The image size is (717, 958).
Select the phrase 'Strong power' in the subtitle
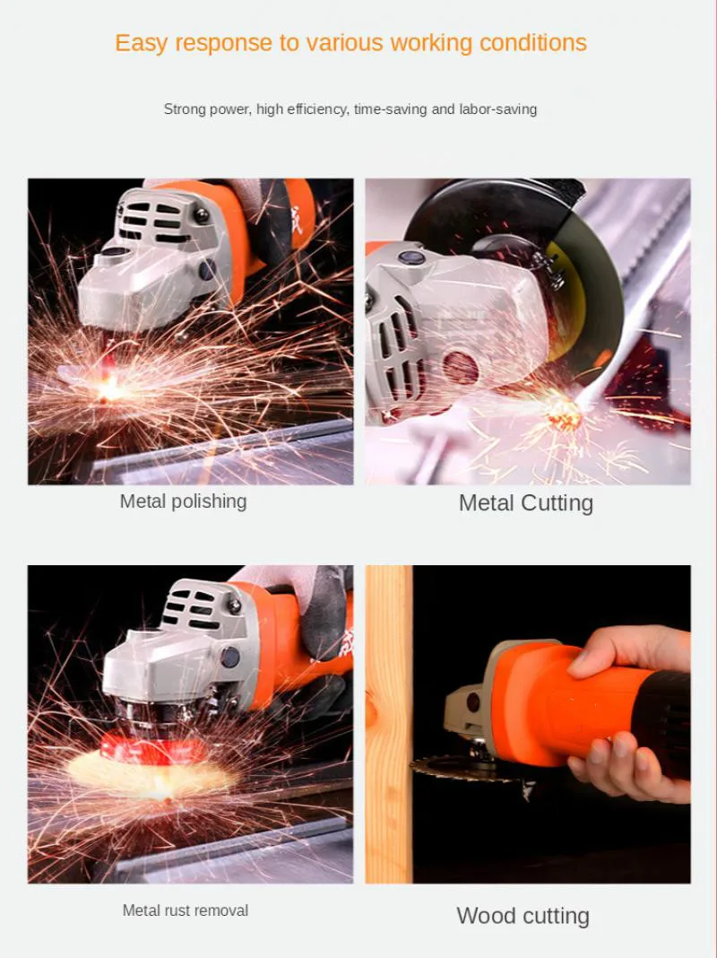click(x=206, y=109)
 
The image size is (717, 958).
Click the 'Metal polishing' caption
click(x=183, y=501)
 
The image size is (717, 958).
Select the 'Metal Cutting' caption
click(x=526, y=503)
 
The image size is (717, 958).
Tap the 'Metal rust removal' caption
click(x=186, y=910)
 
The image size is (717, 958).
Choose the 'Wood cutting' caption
click(x=523, y=916)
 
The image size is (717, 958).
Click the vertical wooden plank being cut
click(x=389, y=718)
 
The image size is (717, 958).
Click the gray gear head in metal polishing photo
click(x=152, y=260)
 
